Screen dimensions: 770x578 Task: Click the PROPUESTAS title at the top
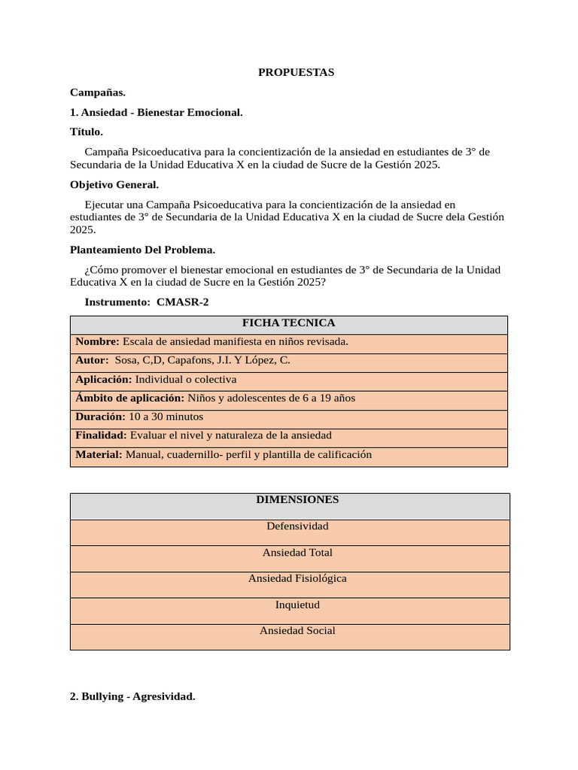(x=296, y=72)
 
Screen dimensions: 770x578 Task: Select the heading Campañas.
(x=98, y=92)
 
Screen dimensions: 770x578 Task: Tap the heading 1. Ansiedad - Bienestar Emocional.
(x=156, y=112)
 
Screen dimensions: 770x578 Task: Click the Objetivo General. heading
(x=114, y=184)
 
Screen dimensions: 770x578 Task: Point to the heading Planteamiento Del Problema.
(x=142, y=250)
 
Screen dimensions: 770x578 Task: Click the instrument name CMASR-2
(x=182, y=302)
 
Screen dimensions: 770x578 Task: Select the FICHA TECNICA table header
(x=288, y=323)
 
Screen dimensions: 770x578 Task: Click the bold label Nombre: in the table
(x=97, y=341)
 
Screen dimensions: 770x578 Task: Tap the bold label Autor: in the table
(x=92, y=360)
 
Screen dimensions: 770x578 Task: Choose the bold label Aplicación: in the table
(x=103, y=379)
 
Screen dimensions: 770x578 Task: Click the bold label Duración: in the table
(x=100, y=417)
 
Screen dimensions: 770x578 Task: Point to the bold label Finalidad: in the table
(x=101, y=435)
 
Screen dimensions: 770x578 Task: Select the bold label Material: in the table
(x=99, y=454)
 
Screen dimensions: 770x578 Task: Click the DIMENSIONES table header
(x=297, y=499)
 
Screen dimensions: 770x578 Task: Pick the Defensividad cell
(x=297, y=526)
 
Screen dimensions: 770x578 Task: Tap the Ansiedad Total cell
(x=297, y=553)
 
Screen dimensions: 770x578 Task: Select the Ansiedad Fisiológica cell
(x=297, y=578)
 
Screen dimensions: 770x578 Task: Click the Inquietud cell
(x=297, y=605)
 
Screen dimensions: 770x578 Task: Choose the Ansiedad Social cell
(x=297, y=631)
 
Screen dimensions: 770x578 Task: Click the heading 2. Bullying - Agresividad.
(x=132, y=697)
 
